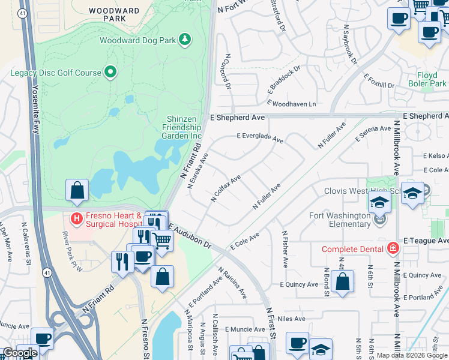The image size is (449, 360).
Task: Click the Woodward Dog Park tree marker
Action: tap(186, 40)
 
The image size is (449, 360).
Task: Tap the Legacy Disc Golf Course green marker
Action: tap(110, 73)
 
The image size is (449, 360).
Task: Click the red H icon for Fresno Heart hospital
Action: tap(76, 218)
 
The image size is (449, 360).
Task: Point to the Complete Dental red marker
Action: tap(393, 248)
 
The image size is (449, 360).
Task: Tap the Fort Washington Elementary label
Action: tap(339, 220)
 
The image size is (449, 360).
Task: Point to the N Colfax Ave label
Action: tap(226, 188)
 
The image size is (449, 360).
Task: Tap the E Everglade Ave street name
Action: tap(259, 137)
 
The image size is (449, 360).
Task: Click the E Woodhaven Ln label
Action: tap(291, 104)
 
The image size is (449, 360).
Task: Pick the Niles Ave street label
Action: tap(292, 319)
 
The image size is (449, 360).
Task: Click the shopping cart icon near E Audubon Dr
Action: tap(161, 240)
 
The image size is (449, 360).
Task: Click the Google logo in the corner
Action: tap(20, 353)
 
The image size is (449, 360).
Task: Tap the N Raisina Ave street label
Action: tap(232, 283)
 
